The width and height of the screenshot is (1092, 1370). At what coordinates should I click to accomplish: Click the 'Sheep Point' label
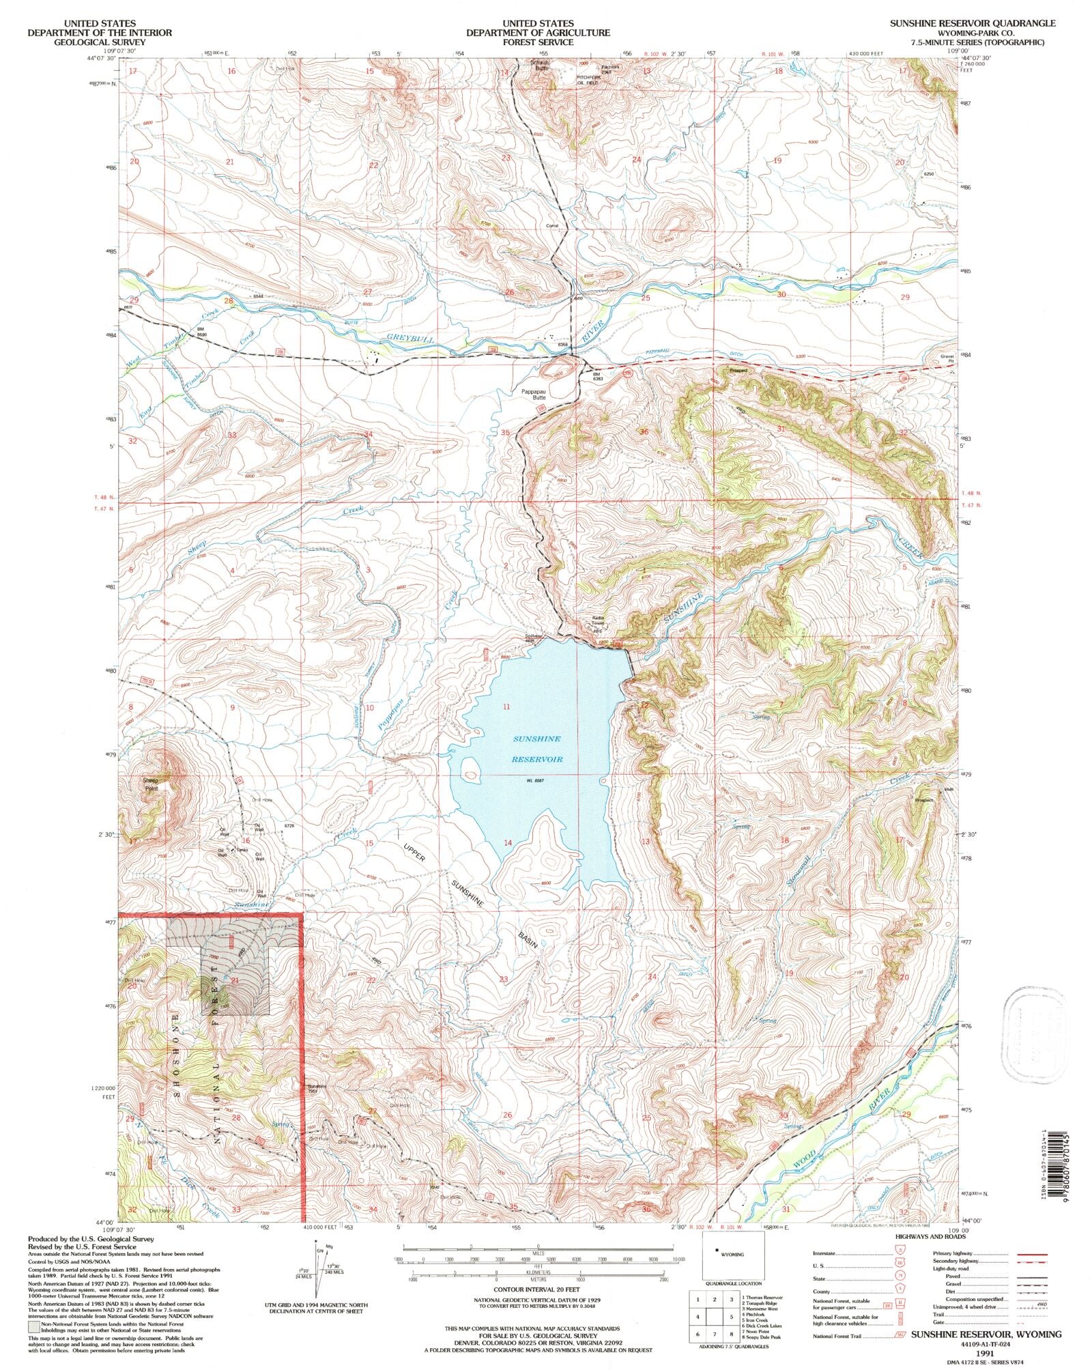pyautogui.click(x=150, y=784)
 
